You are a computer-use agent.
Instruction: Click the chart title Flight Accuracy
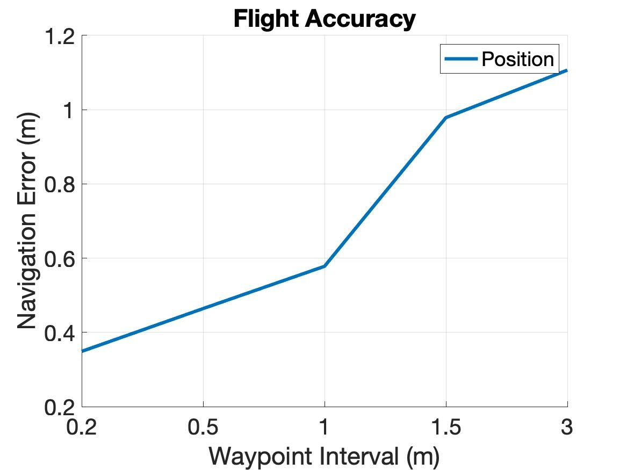pyautogui.click(x=324, y=19)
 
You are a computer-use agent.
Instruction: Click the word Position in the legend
pyautogui.click(x=517, y=59)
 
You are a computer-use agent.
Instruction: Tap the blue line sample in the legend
pyautogui.click(x=460, y=59)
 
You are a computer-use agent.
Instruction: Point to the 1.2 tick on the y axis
pyautogui.click(x=61, y=37)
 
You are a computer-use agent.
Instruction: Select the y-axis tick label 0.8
pyautogui.click(x=61, y=185)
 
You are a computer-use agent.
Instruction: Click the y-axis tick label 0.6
pyautogui.click(x=61, y=259)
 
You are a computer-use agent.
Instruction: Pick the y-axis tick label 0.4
pyautogui.click(x=61, y=333)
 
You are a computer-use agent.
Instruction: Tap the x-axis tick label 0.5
pyautogui.click(x=203, y=428)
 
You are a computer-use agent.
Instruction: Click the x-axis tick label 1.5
pyautogui.click(x=445, y=428)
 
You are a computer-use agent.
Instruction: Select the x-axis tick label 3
pyautogui.click(x=567, y=428)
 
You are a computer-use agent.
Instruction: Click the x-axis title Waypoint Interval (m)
pyautogui.click(x=324, y=456)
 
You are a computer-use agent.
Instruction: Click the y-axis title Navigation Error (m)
pyautogui.click(x=27, y=221)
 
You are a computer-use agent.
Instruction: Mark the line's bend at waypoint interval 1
pyautogui.click(x=325, y=266)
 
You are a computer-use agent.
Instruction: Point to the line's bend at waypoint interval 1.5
pyautogui.click(x=446, y=118)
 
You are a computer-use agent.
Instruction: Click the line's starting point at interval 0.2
pyautogui.click(x=83, y=351)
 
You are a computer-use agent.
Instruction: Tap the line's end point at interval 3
pyautogui.click(x=566, y=70)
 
